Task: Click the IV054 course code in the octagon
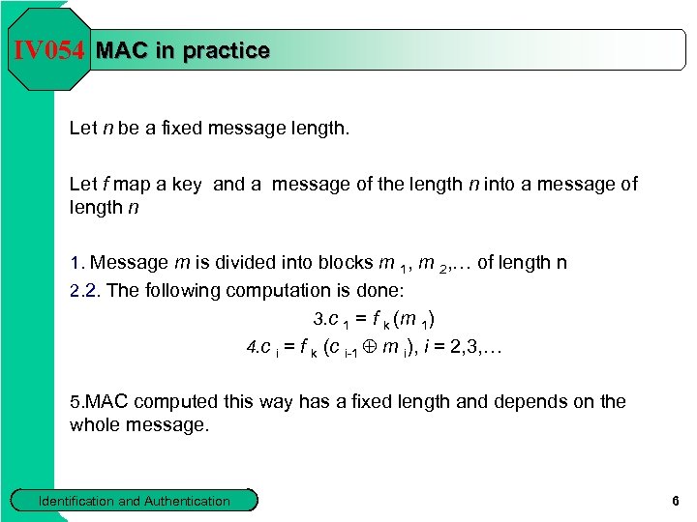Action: [49, 50]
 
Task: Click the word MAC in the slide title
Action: [123, 50]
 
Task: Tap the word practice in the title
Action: [226, 50]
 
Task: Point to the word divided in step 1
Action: [233, 262]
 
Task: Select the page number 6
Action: [675, 501]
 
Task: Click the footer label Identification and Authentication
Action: [134, 501]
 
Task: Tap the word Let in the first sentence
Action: [83, 128]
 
